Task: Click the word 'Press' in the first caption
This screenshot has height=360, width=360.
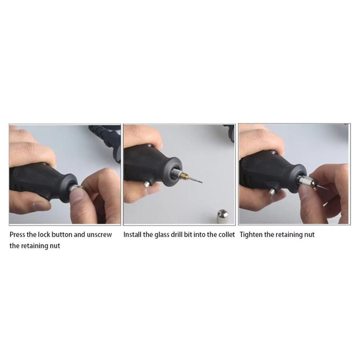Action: tap(17, 235)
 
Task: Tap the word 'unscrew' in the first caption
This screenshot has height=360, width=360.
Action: tap(99, 235)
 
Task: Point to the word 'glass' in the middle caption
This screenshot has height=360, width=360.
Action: tap(161, 235)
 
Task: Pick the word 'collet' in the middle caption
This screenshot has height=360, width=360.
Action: tap(226, 235)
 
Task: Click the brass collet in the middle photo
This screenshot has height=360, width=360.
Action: tap(184, 176)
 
